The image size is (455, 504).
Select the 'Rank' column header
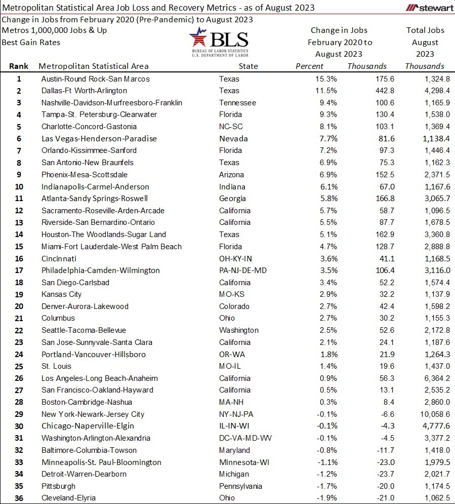[19, 66]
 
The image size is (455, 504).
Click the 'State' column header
[248, 66]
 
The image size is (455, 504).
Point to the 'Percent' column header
[309, 66]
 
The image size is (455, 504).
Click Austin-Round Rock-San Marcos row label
[95, 79]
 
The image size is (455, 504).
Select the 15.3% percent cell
[326, 79]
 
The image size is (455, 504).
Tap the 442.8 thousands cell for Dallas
[384, 91]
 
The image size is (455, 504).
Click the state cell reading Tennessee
[237, 102]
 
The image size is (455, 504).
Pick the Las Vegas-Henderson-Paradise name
[99, 138]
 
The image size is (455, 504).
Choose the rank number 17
[19, 270]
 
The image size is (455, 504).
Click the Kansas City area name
[61, 294]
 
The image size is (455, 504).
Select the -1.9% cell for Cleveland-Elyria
[326, 497]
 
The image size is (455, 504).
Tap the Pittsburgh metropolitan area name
[58, 486]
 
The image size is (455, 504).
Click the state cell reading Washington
[238, 330]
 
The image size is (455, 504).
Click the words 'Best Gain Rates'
[31, 42]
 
